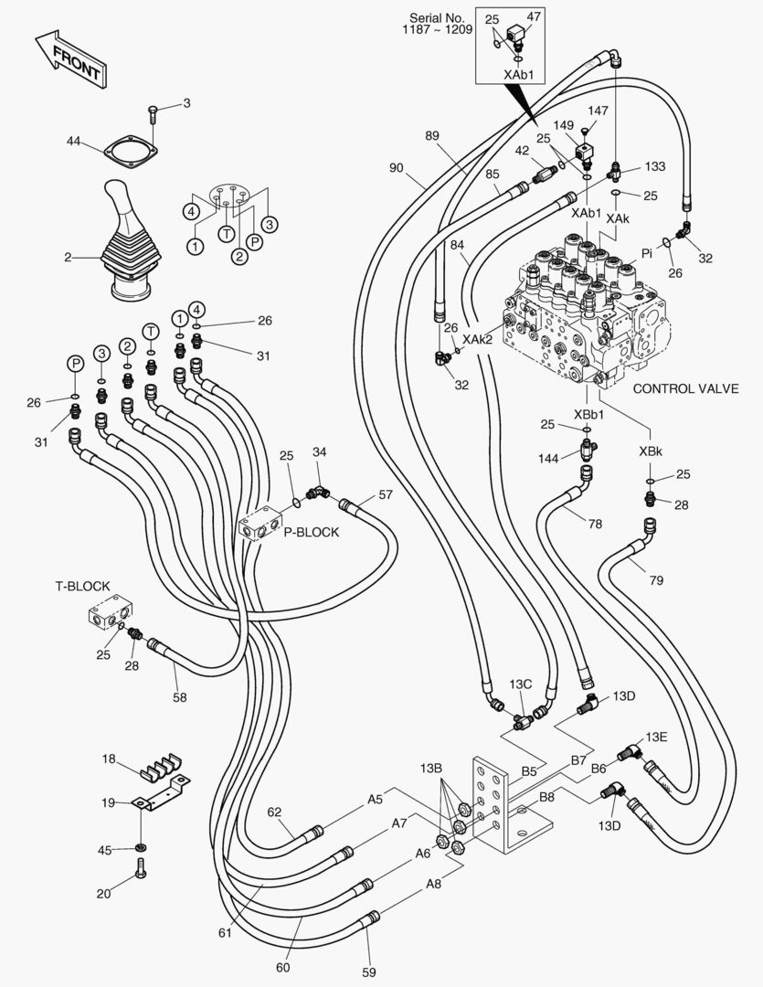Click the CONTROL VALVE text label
tap(685, 388)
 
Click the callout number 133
tap(654, 166)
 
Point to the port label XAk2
tap(477, 339)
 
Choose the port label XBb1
tap(588, 413)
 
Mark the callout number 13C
tap(521, 685)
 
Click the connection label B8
tap(546, 797)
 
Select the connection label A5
tap(375, 799)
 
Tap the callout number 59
tap(369, 972)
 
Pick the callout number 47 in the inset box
tap(534, 16)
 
